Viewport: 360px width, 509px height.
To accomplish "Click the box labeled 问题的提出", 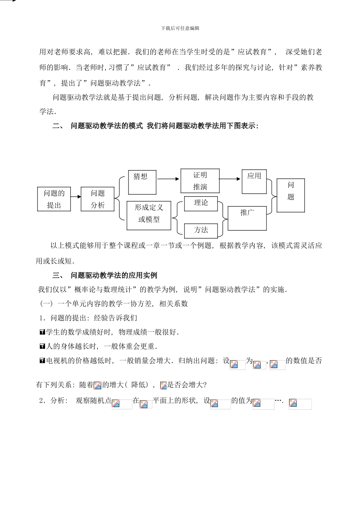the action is point(54,199).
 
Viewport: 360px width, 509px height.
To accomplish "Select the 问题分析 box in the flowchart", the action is point(97,199).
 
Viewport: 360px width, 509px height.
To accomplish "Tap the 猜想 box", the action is point(142,182).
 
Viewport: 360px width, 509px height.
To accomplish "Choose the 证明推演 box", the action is point(200,181).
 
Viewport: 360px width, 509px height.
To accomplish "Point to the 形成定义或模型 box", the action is point(149,215).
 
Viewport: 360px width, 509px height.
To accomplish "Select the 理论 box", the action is point(201,203).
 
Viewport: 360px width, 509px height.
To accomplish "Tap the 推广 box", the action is point(247,218).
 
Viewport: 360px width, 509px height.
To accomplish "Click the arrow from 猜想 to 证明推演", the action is point(168,179).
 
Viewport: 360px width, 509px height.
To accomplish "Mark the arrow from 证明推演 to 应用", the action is point(230,179).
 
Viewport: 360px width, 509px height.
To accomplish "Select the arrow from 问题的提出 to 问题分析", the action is point(76,197).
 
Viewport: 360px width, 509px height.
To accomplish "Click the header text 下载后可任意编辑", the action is point(180,28).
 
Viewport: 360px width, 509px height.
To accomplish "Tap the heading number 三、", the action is point(58,275).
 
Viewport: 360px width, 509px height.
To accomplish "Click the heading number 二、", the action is point(58,126).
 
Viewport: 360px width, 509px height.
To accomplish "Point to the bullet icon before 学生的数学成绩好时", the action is point(42,332).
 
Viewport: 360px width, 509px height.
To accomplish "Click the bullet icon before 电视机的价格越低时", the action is point(42,361).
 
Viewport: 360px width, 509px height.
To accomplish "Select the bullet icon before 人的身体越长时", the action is point(42,346).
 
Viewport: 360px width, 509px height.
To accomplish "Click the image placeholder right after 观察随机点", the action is point(122,404).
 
